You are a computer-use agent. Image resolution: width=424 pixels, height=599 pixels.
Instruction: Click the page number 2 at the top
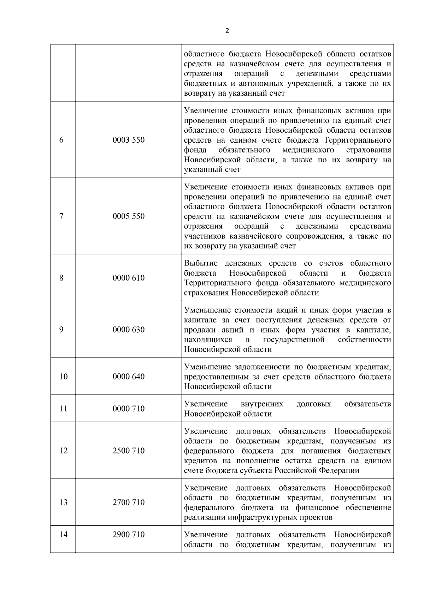click(227, 31)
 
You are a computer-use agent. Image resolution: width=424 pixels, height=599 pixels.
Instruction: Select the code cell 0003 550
click(129, 140)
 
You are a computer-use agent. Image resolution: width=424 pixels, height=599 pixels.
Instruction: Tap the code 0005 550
click(129, 216)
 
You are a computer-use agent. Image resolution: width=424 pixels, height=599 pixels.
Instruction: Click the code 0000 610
click(129, 278)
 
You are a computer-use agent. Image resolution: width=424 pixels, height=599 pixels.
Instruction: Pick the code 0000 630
click(129, 330)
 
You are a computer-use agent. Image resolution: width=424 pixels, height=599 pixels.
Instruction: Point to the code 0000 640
click(129, 377)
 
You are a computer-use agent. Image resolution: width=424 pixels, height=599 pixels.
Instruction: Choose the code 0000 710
click(129, 409)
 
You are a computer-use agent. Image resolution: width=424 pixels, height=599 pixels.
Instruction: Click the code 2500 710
click(129, 451)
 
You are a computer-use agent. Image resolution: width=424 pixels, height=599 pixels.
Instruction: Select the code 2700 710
click(129, 502)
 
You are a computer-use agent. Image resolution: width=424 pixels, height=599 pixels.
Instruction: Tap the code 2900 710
click(129, 534)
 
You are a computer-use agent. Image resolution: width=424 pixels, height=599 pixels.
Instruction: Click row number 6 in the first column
click(61, 140)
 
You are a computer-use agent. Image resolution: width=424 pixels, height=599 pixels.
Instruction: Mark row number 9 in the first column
click(61, 330)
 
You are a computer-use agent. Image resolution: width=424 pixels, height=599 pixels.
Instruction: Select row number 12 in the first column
click(63, 451)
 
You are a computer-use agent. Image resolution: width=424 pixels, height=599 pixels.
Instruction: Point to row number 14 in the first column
click(63, 534)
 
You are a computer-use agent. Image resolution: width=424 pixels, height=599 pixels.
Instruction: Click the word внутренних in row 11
click(262, 404)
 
